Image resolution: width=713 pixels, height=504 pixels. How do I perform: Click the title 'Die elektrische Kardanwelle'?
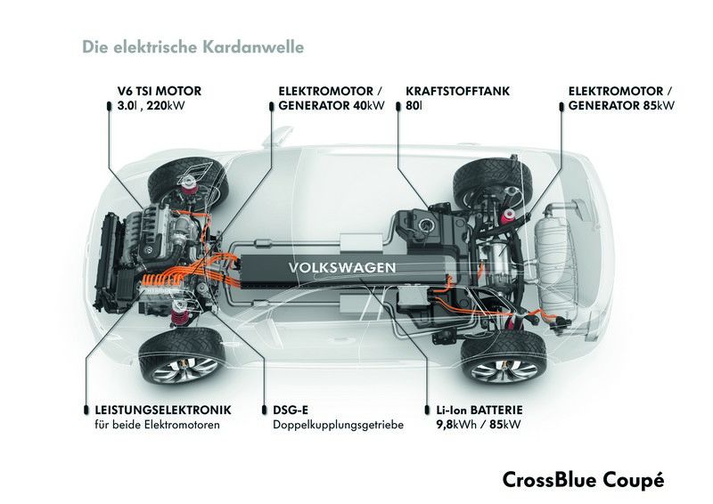193,47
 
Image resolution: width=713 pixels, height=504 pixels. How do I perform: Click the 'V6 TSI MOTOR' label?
160,91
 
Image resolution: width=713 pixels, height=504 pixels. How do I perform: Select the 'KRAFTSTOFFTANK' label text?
458,91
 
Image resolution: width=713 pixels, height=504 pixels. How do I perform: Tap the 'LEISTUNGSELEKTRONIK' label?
163,410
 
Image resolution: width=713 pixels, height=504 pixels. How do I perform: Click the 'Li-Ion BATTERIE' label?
479,410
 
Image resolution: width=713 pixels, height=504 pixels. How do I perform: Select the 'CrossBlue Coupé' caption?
584,480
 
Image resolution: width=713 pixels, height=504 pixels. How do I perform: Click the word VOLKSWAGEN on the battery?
342,267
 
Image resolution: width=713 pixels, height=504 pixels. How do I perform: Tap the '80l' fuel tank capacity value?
414,106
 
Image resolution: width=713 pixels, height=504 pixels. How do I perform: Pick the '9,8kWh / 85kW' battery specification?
479,425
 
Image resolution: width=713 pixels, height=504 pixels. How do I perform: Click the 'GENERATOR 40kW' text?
332,106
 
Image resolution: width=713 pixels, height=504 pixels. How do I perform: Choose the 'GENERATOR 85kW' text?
621,106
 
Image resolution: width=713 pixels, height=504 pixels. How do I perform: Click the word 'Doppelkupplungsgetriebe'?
339,426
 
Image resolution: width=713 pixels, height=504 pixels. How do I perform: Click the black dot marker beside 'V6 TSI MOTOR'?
109,106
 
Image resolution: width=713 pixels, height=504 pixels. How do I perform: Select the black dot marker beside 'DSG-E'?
265,410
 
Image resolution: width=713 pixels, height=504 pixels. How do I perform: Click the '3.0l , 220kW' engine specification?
151,106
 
